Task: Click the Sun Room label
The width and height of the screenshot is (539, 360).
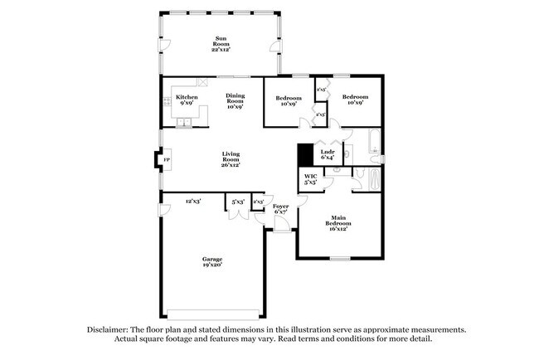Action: (x=221, y=44)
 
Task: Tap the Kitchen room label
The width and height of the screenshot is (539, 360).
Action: (x=187, y=100)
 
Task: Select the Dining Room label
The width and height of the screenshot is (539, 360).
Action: (x=236, y=100)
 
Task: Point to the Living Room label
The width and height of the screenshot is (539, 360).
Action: (x=231, y=159)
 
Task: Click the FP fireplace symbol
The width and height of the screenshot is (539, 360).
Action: (x=166, y=159)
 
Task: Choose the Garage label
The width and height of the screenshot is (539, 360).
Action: (x=212, y=262)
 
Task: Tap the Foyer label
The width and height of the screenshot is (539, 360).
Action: (x=280, y=208)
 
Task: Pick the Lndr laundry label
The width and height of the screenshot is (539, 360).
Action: (x=327, y=155)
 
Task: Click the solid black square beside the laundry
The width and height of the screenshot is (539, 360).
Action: (x=304, y=155)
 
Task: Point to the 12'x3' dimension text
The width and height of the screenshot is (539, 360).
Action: (x=193, y=201)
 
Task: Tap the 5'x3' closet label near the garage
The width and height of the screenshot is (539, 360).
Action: (x=238, y=201)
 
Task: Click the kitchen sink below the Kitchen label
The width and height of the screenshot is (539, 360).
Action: (x=183, y=124)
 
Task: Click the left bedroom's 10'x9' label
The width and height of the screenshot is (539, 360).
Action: (x=287, y=100)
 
